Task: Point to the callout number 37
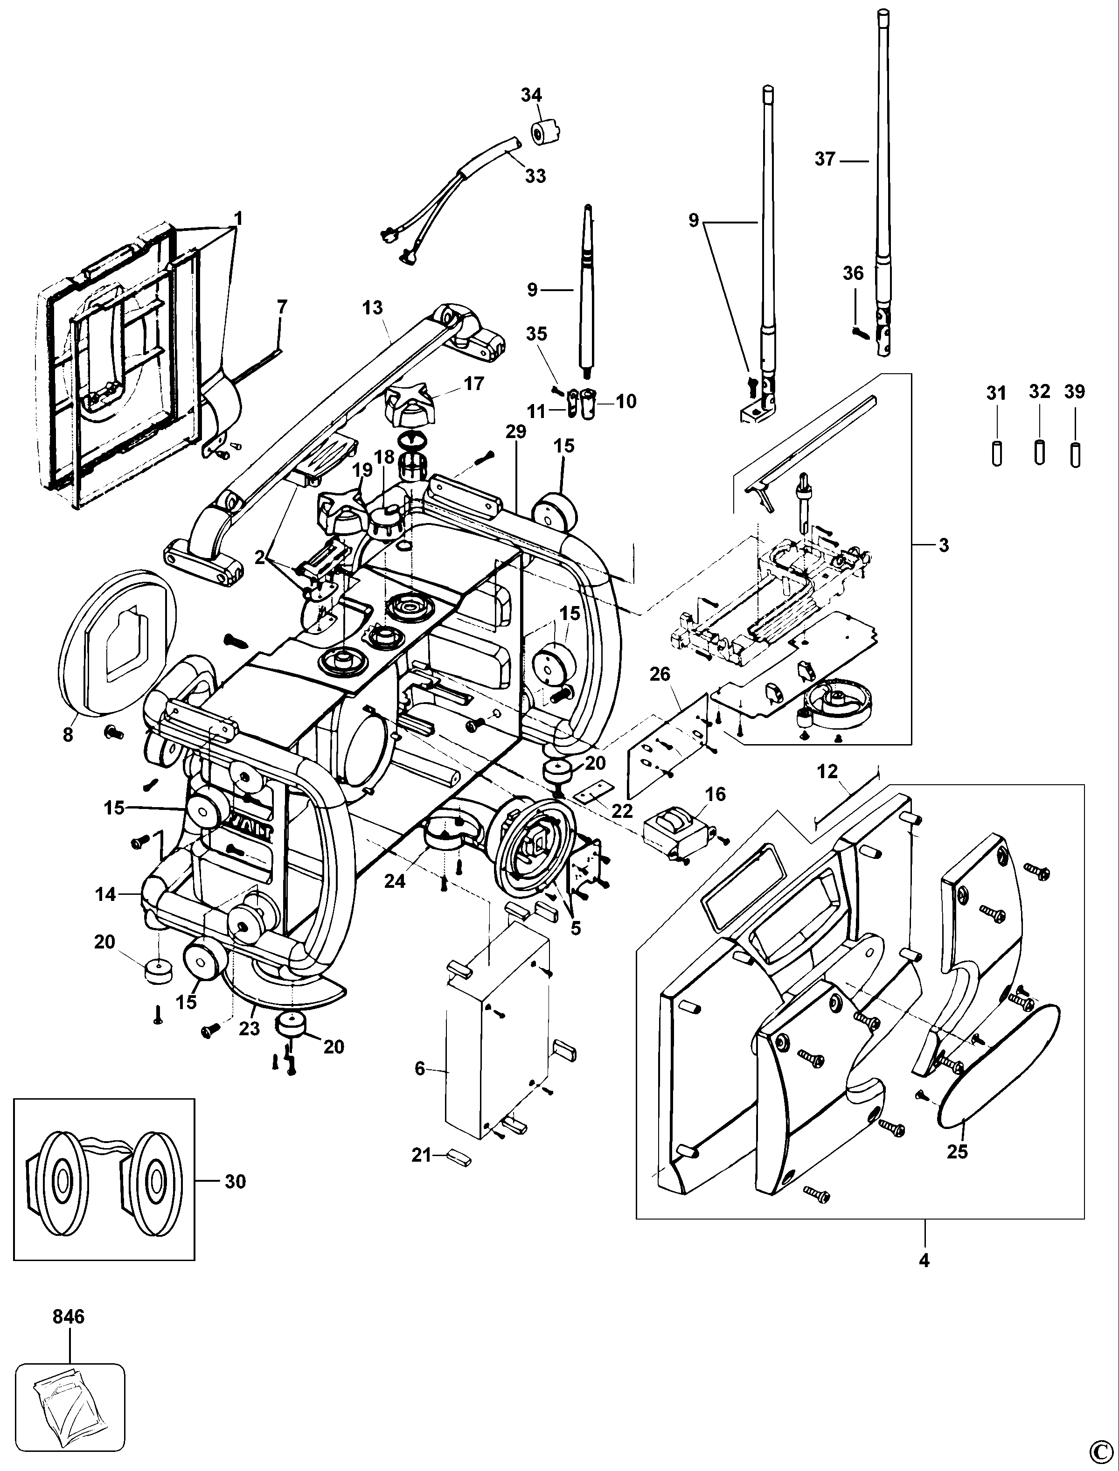[825, 159]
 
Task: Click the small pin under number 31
[997, 453]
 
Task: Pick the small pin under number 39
[1074, 454]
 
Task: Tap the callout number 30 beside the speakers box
[235, 1181]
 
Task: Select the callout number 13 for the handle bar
[373, 308]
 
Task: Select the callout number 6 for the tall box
[420, 1068]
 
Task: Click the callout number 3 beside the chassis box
[943, 545]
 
